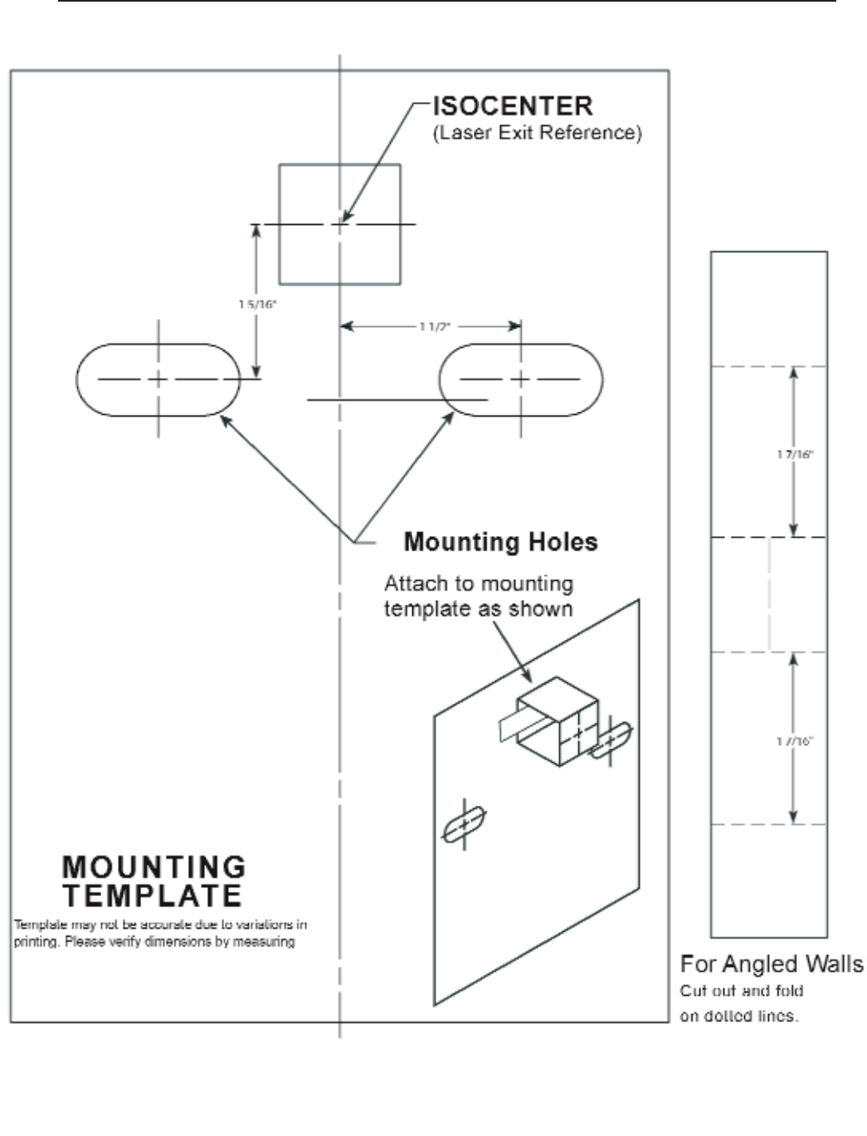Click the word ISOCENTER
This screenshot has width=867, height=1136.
(513, 106)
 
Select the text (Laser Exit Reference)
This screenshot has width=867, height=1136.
(537, 133)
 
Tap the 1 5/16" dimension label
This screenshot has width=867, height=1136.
(258, 305)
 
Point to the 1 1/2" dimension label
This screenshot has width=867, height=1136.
(434, 327)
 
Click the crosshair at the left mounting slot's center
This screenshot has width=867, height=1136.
(158, 379)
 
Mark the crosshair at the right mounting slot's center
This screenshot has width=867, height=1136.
(520, 379)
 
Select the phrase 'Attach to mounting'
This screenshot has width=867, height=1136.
(479, 584)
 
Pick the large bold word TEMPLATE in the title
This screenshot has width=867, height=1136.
(153, 896)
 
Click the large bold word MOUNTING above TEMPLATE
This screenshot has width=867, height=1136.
(154, 867)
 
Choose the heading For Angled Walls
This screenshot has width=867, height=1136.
(771, 964)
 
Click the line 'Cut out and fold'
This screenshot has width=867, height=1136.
(741, 991)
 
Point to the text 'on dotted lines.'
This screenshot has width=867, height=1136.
(738, 1016)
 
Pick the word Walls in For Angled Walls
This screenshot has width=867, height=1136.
(833, 964)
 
